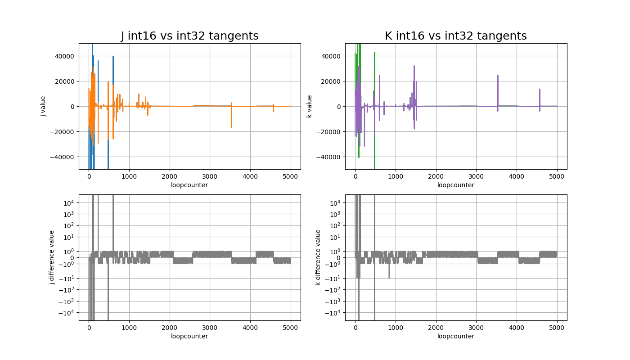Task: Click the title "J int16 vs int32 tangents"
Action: coord(189,36)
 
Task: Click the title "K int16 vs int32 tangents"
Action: coord(455,36)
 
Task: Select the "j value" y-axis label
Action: coord(44,106)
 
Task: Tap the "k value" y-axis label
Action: coord(310,106)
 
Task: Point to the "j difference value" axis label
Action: coord(52,257)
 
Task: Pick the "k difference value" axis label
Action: coord(318,257)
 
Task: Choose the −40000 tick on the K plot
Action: coord(331,157)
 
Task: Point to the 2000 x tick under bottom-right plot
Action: coord(436,328)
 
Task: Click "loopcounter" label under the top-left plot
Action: coord(189,185)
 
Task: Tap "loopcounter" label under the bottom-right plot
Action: coord(455,336)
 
